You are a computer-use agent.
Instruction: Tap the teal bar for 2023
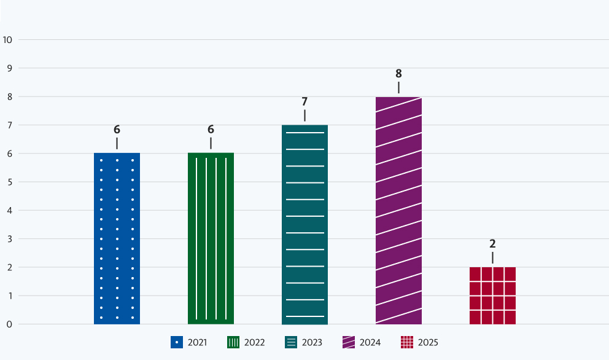click(x=304, y=224)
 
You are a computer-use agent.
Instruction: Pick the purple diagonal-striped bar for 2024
click(x=398, y=210)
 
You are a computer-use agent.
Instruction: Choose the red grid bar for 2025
click(x=492, y=295)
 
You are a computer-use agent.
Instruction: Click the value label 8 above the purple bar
click(x=398, y=74)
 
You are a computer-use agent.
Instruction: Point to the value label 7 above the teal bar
click(x=304, y=102)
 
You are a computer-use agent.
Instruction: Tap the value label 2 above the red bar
click(x=492, y=244)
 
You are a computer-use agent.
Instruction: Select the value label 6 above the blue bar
click(x=117, y=130)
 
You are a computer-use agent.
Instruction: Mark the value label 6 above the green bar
click(x=211, y=130)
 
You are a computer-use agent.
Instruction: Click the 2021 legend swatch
click(x=177, y=342)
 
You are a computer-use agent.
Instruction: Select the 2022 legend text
click(x=254, y=342)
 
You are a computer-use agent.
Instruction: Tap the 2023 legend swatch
click(x=292, y=342)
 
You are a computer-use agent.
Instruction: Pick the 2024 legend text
click(x=370, y=342)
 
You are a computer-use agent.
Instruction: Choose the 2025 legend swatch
click(x=406, y=342)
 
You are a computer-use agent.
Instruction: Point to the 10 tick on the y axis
click(x=8, y=40)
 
